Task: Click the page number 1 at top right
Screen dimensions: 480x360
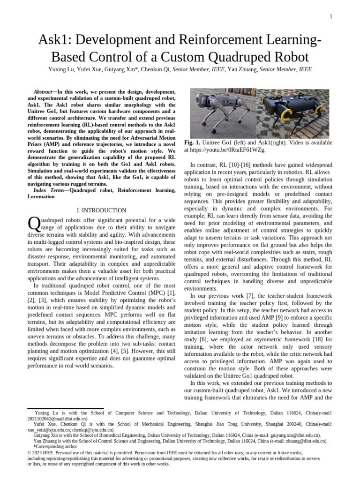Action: tap(330, 17)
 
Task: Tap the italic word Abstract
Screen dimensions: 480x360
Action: tap(43, 92)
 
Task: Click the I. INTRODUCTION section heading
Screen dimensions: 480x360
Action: tap(101, 210)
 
